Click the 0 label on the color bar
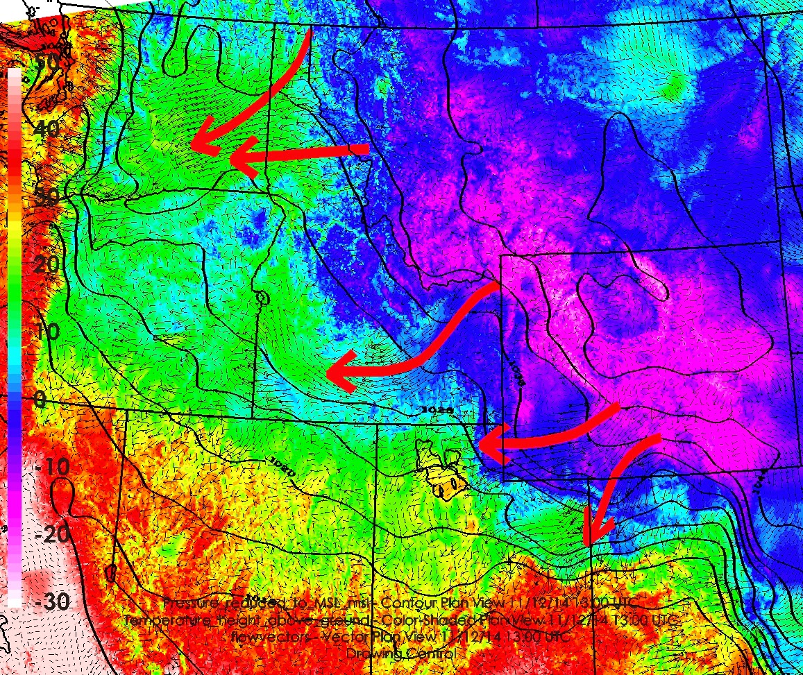(40, 400)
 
